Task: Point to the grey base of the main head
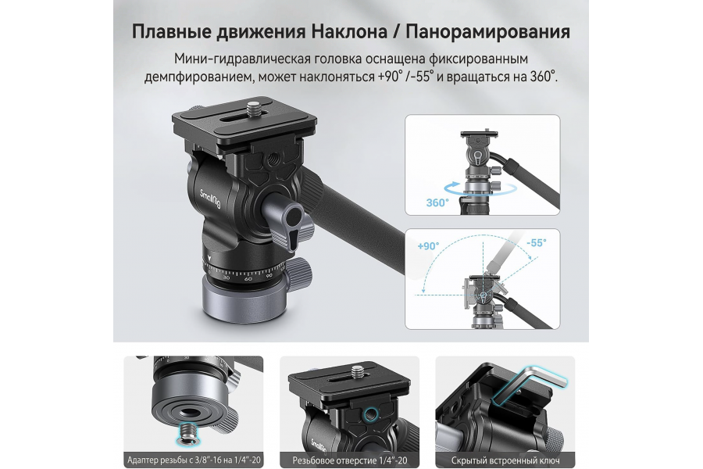[234, 297]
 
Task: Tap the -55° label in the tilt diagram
[536, 243]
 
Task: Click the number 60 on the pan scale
[248, 277]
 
